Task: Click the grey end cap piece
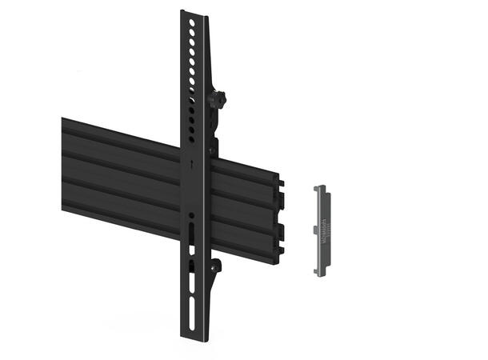tap(322, 230)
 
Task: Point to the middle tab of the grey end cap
tap(316, 230)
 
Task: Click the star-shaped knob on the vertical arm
tap(216, 99)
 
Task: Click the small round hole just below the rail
tap(192, 216)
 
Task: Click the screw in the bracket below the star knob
tap(214, 149)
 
